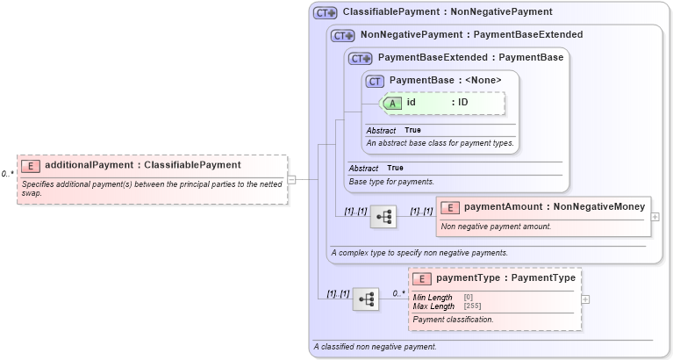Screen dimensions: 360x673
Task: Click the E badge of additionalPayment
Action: pyautogui.click(x=31, y=165)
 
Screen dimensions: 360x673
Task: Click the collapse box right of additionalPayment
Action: pyautogui.click(x=291, y=179)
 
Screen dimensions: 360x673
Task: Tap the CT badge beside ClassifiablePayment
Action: pyautogui.click(x=326, y=13)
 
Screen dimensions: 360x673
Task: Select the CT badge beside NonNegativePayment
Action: pyautogui.click(x=342, y=35)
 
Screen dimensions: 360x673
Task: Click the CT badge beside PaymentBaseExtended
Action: pyautogui.click(x=360, y=58)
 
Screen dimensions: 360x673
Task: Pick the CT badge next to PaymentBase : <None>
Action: pyautogui.click(x=376, y=81)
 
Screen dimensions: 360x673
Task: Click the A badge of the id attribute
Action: pyautogui.click(x=393, y=103)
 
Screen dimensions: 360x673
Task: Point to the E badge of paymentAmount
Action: pyautogui.click(x=449, y=207)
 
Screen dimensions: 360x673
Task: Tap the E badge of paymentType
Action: pyautogui.click(x=422, y=278)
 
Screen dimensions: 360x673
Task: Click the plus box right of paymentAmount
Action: pyautogui.click(x=655, y=216)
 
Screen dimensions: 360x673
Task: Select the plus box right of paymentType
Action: pyautogui.click(x=585, y=299)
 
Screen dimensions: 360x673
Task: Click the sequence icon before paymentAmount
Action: pyautogui.click(x=383, y=216)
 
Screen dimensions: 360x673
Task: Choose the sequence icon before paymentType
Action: pyautogui.click(x=366, y=299)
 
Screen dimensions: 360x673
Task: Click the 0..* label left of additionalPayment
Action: pyautogui.click(x=8, y=174)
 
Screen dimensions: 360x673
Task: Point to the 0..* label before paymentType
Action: pyautogui.click(x=399, y=293)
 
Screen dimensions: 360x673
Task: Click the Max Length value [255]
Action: pyautogui.click(x=472, y=306)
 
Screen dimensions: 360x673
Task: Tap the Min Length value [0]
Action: pyautogui.click(x=469, y=298)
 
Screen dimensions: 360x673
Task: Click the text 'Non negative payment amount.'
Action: pyautogui.click(x=496, y=227)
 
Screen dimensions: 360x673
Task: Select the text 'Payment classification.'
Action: pyautogui.click(x=453, y=320)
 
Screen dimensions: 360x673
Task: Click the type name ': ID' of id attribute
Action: pyautogui.click(x=460, y=103)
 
